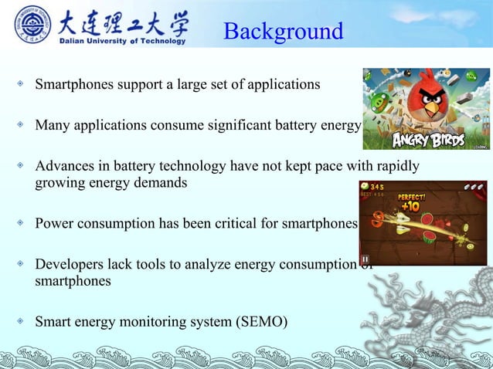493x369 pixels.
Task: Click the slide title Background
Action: pyautogui.click(x=283, y=32)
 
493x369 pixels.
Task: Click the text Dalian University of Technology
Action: pyautogui.click(x=124, y=41)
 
